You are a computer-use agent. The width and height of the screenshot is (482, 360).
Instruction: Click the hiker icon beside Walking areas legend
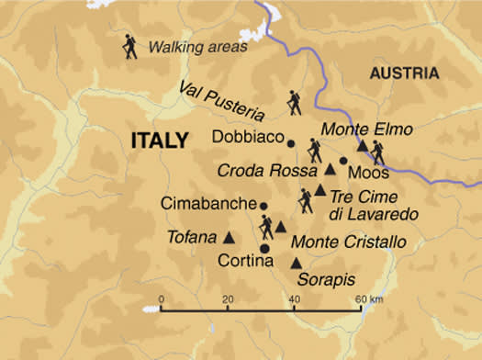click(129, 48)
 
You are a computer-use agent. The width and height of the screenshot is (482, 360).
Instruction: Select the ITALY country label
click(163, 141)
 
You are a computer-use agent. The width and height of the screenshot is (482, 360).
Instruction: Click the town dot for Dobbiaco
click(291, 142)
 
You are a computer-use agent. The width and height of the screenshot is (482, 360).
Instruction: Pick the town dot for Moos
click(343, 161)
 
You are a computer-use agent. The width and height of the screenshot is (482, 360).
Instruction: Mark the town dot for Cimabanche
click(263, 205)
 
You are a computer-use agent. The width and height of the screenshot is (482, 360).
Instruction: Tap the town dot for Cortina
click(264, 248)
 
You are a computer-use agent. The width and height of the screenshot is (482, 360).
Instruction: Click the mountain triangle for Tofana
click(229, 237)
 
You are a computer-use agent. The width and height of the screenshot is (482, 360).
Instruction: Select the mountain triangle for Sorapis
click(296, 263)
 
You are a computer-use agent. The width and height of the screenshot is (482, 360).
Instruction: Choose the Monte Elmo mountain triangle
click(364, 145)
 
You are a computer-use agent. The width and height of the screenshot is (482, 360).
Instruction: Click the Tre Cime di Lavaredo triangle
click(319, 189)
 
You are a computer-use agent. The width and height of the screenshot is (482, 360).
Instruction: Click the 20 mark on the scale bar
click(227, 298)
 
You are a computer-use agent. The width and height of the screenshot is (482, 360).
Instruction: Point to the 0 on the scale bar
click(161, 298)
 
